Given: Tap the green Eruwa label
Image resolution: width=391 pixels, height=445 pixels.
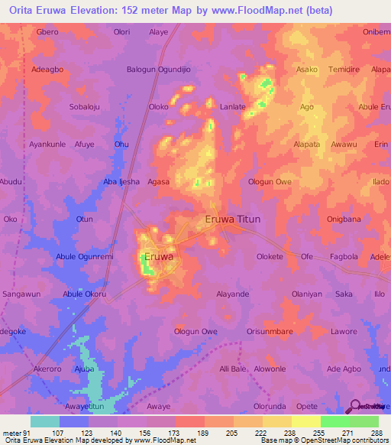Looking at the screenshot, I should [158, 258].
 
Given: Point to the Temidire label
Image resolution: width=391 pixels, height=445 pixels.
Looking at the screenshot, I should [342, 69].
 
